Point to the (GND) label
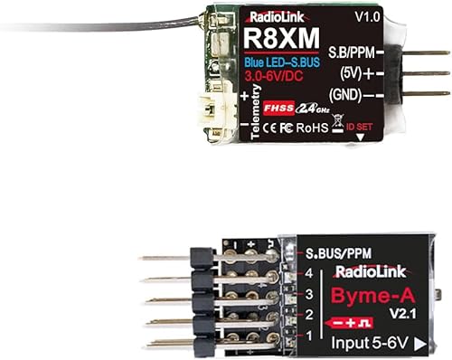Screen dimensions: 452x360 pos(353,93)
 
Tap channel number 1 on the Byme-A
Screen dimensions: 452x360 pos(309,336)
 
